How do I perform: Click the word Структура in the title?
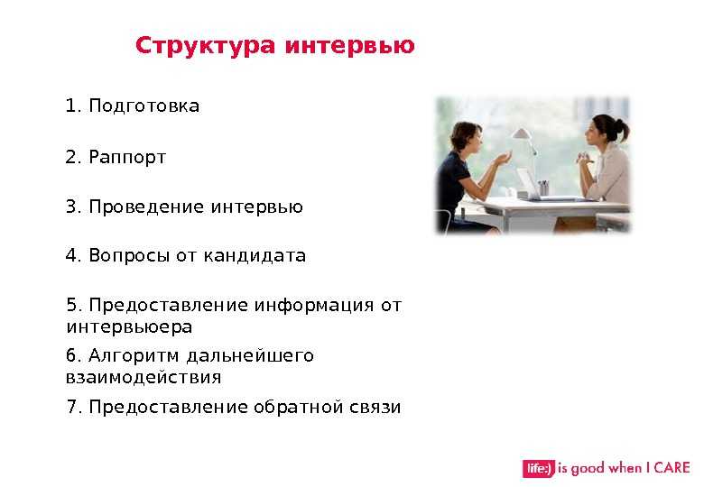click(205, 46)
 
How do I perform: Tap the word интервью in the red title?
click(350, 45)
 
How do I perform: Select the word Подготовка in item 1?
click(144, 106)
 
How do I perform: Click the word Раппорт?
click(127, 158)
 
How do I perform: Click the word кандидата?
click(255, 255)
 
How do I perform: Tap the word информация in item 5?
click(314, 306)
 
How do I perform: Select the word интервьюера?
click(129, 326)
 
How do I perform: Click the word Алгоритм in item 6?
click(134, 356)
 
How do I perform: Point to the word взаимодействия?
click(144, 378)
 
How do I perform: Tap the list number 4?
click(72, 255)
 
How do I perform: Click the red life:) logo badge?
click(538, 469)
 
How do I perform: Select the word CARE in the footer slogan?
click(672, 467)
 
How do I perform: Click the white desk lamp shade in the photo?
click(521, 133)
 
